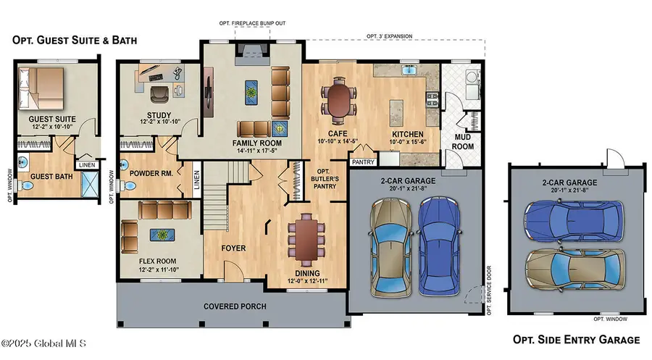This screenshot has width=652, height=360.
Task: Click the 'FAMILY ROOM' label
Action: click(257, 143)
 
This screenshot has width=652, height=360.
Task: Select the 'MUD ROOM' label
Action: click(464, 141)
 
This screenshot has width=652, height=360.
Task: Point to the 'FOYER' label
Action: click(233, 248)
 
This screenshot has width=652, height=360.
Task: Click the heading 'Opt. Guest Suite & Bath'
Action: click(74, 40)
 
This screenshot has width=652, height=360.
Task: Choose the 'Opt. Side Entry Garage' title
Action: click(576, 339)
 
